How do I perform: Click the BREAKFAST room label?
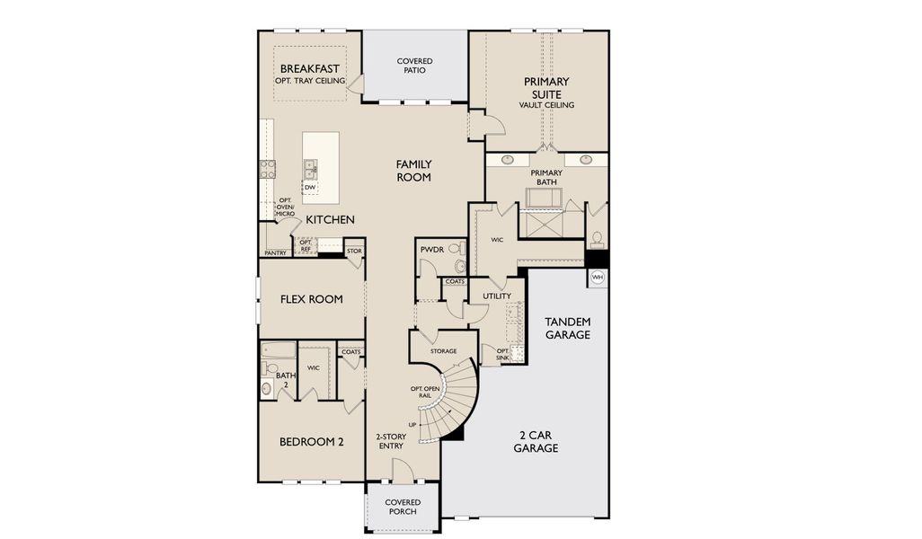310,69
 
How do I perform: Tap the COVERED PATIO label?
414,66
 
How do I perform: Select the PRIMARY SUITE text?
546,88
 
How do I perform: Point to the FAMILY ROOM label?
414,171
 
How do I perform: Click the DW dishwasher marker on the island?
309,188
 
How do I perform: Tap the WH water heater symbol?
598,278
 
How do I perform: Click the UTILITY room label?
496,296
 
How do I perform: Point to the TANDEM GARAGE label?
568,328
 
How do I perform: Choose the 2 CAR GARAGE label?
536,441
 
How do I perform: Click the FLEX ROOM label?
311,299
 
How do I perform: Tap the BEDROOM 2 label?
311,441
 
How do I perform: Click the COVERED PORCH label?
403,507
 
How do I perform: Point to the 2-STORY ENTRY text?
391,441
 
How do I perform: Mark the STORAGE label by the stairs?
442,351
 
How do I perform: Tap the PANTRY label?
275,253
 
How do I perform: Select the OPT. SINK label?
491,355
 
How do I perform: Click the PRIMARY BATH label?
546,177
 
